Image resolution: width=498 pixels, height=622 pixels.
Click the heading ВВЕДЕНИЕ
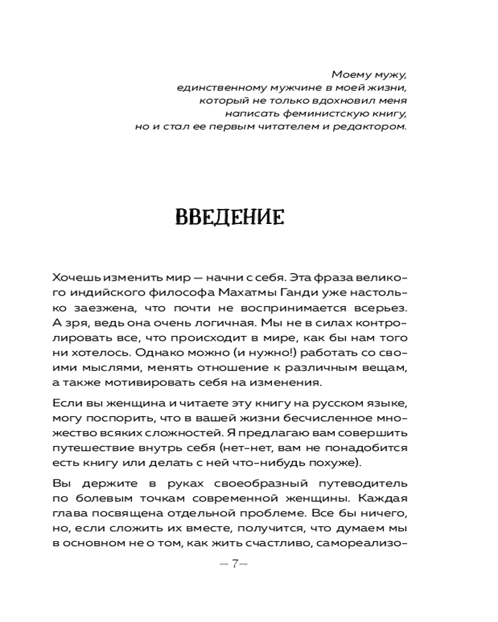[230, 216]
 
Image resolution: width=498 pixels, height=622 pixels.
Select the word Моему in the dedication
[347, 73]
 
